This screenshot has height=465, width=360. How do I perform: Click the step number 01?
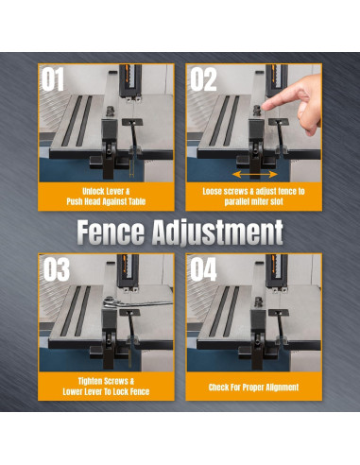(53, 79)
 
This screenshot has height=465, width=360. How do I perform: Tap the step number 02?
(203, 79)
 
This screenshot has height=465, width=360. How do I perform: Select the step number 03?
(57, 269)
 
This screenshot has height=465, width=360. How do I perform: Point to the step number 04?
(203, 269)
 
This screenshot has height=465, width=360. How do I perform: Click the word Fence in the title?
(111, 232)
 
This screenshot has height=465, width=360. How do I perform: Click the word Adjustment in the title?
(217, 232)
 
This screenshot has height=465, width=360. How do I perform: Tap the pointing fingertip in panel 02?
(264, 106)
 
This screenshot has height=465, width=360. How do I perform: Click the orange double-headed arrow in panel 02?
(255, 174)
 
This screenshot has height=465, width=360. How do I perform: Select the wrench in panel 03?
(138, 301)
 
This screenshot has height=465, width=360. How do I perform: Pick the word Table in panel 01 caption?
(137, 201)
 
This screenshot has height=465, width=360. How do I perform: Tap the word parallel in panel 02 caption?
(238, 201)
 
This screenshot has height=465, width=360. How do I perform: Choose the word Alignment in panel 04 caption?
(282, 387)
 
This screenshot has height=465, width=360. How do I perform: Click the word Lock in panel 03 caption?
(121, 391)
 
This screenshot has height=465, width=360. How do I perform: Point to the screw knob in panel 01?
(111, 111)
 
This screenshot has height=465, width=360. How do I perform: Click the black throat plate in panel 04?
(278, 313)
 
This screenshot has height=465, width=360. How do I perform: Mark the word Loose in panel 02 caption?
(212, 191)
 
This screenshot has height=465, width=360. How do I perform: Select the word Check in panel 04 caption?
(218, 387)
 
